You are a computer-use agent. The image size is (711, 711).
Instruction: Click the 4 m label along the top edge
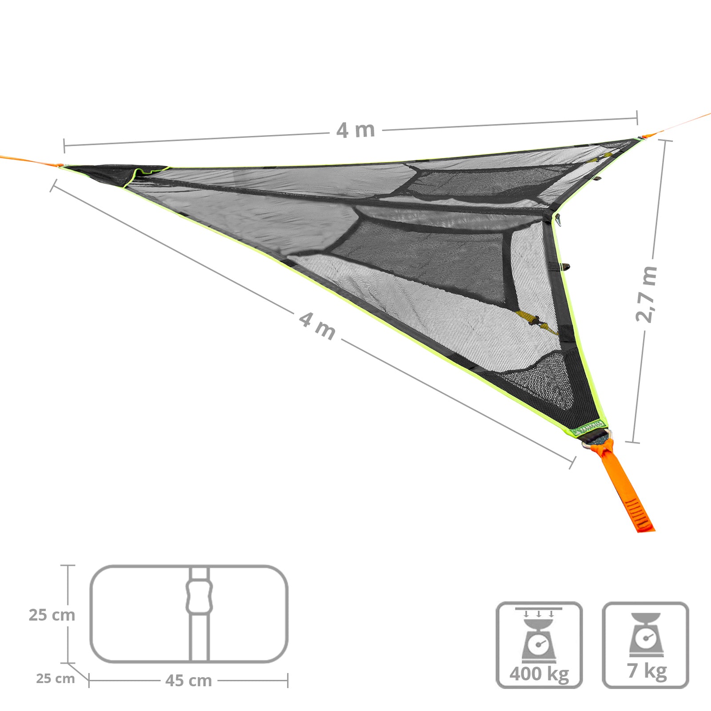(x=355, y=130)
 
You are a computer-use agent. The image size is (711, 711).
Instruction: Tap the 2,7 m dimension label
(x=646, y=294)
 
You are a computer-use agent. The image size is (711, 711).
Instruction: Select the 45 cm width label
(x=188, y=680)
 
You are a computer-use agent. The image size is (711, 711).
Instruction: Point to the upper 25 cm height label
(x=52, y=615)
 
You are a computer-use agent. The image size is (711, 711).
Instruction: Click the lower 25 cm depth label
(x=55, y=679)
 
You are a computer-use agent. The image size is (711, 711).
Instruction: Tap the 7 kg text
(x=647, y=671)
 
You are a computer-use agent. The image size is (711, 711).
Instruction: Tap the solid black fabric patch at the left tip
(x=111, y=173)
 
